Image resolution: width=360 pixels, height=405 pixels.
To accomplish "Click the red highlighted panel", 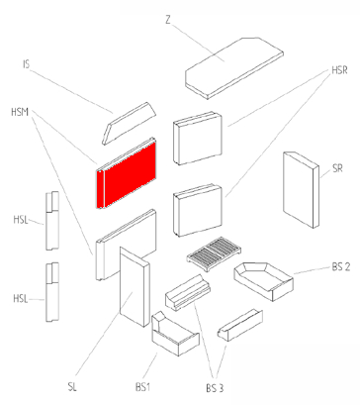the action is (126, 173).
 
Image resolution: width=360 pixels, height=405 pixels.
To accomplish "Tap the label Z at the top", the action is (168, 20).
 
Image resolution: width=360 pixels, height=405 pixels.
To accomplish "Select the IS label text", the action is (27, 64).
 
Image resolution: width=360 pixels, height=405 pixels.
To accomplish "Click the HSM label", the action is (20, 112).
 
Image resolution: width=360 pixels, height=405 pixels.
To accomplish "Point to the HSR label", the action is (339, 70).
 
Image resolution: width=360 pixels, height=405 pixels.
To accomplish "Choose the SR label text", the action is (337, 168).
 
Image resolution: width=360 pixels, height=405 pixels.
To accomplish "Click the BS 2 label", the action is (341, 266).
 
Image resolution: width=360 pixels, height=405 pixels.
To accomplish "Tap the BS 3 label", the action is (215, 388).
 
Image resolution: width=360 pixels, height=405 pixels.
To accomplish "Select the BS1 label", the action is (142, 387).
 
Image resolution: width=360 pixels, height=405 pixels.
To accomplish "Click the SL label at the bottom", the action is (72, 387).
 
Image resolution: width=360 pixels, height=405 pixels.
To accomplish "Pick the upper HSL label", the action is (21, 220).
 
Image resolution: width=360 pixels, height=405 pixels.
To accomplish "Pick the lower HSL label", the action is (21, 299).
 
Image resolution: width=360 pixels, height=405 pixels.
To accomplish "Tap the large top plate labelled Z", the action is (234, 67).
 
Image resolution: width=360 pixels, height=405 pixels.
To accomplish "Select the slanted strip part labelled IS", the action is (129, 124).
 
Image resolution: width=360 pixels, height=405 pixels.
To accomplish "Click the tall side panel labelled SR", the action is (301, 189).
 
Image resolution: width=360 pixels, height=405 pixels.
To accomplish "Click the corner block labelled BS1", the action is (175, 334).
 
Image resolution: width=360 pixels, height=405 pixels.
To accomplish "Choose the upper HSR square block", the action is (198, 138).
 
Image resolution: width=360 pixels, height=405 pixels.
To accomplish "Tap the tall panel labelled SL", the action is (135, 286).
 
